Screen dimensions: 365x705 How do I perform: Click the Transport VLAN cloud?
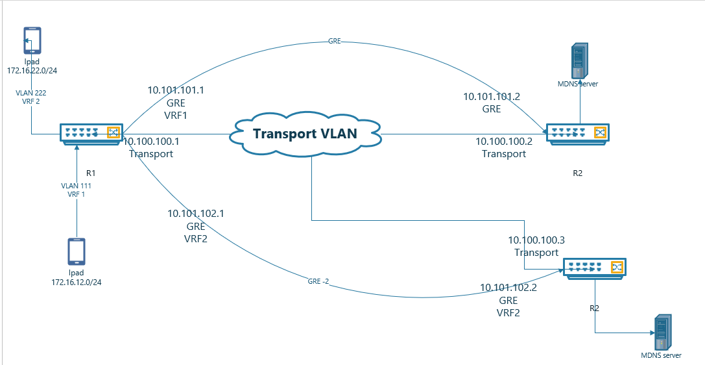[x=305, y=134]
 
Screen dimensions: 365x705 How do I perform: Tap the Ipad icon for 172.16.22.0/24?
[x=32, y=40]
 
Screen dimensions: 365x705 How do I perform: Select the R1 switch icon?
[x=90, y=133]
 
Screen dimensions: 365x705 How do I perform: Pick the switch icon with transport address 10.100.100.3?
[x=594, y=268]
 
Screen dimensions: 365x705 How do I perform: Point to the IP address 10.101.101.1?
[x=176, y=90]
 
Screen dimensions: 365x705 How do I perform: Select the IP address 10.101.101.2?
[x=492, y=96]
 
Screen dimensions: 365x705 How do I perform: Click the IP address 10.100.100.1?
[x=151, y=141]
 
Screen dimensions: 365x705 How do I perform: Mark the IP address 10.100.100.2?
[x=504, y=141]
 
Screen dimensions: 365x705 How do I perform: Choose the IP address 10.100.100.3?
[x=536, y=240]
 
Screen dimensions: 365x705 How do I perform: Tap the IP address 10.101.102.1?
[x=196, y=213]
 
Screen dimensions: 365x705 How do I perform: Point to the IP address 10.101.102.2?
[x=508, y=288]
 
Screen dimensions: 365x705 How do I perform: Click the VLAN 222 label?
[x=31, y=93]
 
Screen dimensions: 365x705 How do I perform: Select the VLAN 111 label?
[x=77, y=186]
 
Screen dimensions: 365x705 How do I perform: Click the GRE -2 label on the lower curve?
[x=318, y=282]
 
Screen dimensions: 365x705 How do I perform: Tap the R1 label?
[x=91, y=173]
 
